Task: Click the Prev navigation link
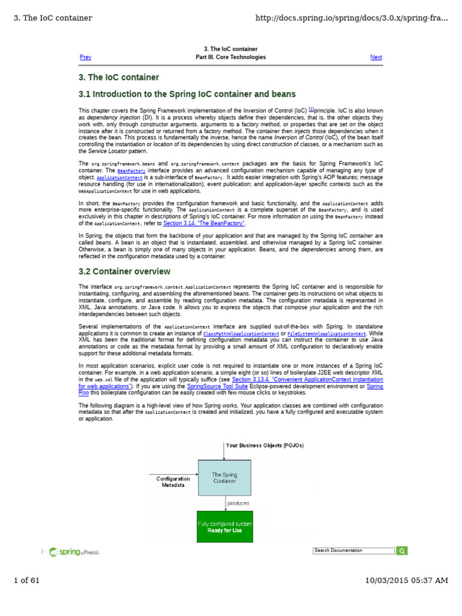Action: click(85, 57)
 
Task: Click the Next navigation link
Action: click(376, 57)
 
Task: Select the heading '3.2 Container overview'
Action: click(124, 271)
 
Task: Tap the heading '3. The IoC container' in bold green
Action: click(119, 77)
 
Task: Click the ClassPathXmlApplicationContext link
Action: click(241, 333)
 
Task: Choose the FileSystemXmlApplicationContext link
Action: click(327, 333)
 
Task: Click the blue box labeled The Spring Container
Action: click(224, 478)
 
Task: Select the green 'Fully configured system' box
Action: click(224, 526)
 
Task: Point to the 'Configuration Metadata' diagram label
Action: click(173, 482)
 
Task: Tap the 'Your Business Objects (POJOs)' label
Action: click(265, 445)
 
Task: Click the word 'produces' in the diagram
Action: click(238, 502)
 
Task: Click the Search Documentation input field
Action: click(354, 550)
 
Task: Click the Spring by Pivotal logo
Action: click(74, 552)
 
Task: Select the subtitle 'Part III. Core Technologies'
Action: click(230, 57)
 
